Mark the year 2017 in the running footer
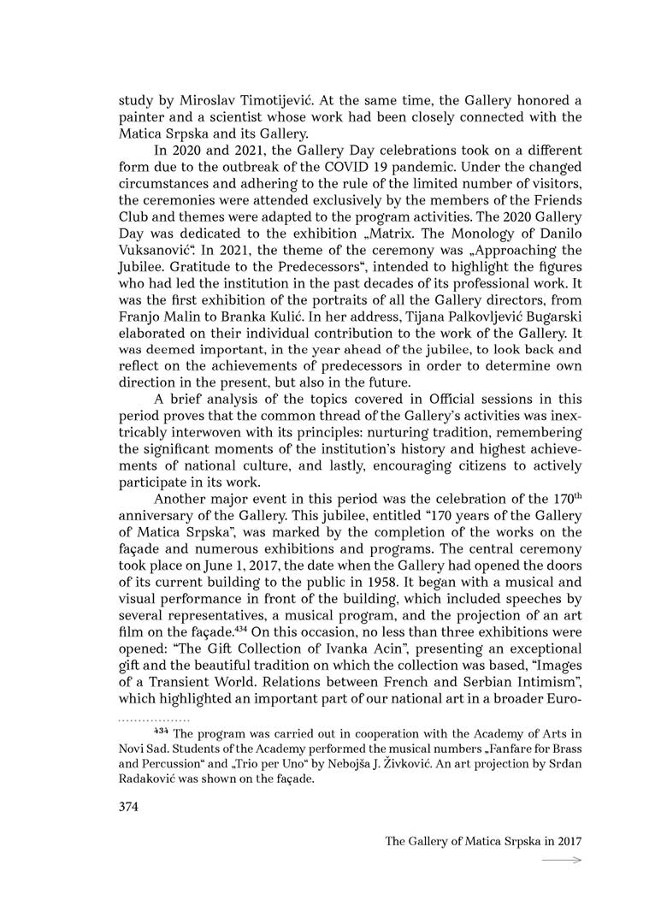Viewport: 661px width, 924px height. coord(567,841)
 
